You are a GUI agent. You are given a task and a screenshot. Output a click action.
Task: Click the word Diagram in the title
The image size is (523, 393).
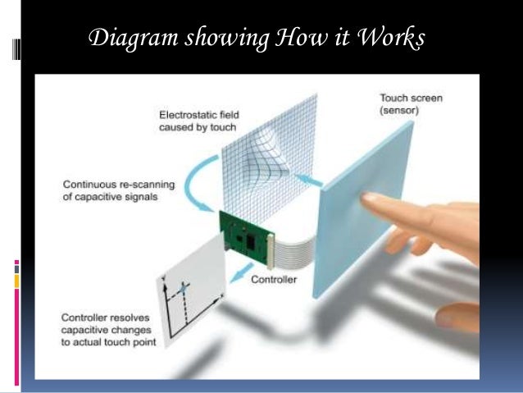(125, 39)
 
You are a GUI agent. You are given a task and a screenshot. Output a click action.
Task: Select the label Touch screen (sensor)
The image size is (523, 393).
(411, 103)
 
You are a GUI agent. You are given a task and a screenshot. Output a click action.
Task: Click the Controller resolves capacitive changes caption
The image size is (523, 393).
(101, 330)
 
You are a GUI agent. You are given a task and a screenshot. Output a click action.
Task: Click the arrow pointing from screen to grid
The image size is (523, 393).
(305, 176)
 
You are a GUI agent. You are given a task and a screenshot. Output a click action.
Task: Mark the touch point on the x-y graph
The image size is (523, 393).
(184, 288)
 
